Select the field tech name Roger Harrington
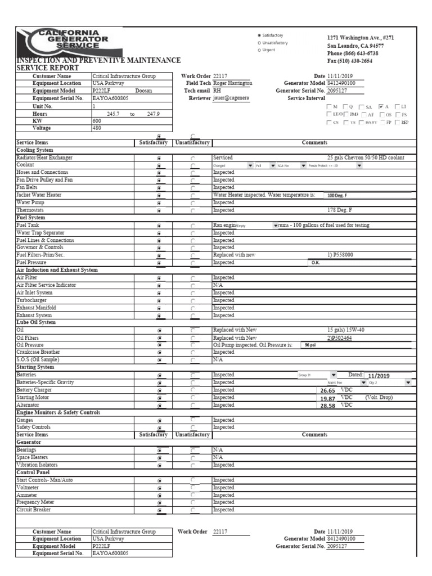point(233,83)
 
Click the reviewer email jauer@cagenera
point(230,98)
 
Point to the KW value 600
point(96,120)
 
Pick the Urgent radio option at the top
point(259,50)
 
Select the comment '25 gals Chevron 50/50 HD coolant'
point(365,158)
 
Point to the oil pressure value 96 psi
point(310,345)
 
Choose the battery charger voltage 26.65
point(327,390)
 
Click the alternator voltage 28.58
point(327,405)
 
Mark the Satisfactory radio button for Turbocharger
point(160,301)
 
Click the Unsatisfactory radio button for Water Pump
point(193,203)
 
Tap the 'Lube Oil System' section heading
point(36,322)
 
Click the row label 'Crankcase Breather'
point(39,352)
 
